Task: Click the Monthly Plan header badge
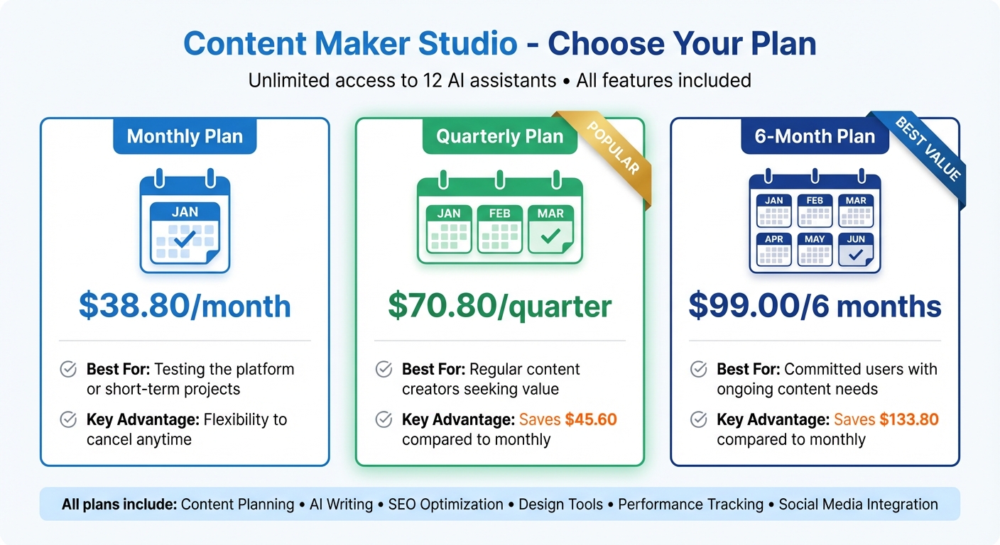click(x=185, y=136)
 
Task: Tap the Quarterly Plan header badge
click(x=499, y=136)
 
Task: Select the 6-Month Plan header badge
click(x=815, y=136)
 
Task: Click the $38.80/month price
click(x=185, y=306)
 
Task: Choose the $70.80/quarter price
click(x=499, y=306)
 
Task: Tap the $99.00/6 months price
click(x=815, y=306)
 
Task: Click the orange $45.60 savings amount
click(x=591, y=419)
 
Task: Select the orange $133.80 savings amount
click(x=908, y=419)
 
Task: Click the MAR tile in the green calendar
click(x=550, y=229)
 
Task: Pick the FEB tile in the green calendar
click(x=499, y=229)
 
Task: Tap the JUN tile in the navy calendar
click(x=856, y=249)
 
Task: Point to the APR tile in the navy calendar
click(x=774, y=249)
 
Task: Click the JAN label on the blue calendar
click(x=185, y=211)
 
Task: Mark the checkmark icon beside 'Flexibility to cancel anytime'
click(x=68, y=419)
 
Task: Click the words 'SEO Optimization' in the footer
click(x=446, y=505)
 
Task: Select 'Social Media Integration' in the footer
click(x=858, y=505)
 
